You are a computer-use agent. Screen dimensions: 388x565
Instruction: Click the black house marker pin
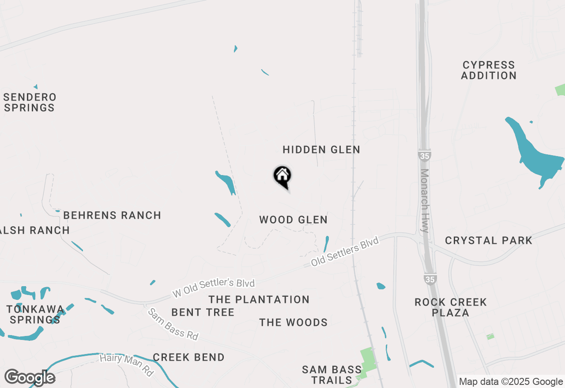(x=282, y=176)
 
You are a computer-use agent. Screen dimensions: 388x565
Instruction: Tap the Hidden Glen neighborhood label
(x=321, y=150)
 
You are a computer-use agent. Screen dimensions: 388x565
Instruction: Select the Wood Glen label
(x=293, y=220)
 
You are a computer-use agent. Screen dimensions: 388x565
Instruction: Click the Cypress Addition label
(x=489, y=71)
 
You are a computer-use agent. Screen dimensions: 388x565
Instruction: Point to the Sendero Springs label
(x=30, y=102)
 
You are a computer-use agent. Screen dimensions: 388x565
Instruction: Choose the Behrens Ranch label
(x=112, y=216)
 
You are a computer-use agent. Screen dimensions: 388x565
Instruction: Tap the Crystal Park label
(x=489, y=241)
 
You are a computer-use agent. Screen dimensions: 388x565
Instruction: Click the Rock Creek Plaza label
(x=451, y=307)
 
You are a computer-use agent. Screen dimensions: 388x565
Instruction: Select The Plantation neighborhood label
(x=259, y=300)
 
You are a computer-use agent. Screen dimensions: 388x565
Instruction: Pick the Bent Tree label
(x=203, y=313)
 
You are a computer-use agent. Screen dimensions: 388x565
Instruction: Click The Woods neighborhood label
(x=294, y=323)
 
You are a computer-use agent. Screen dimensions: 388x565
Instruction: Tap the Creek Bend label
(x=189, y=357)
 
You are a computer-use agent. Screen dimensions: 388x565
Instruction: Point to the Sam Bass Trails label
(x=332, y=375)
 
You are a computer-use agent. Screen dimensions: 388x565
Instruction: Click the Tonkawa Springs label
(x=35, y=314)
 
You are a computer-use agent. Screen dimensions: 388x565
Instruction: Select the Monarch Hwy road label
(x=425, y=201)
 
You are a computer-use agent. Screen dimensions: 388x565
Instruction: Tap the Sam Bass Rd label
(x=173, y=324)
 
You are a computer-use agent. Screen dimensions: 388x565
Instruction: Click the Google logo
(x=30, y=377)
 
